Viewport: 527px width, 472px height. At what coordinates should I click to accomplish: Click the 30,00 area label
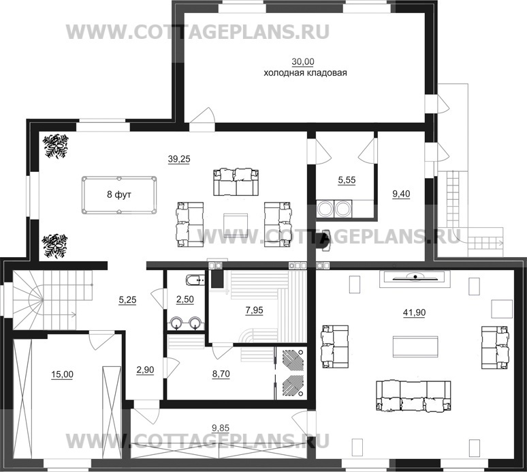(x=304, y=61)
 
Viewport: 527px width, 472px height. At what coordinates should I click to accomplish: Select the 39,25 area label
(x=179, y=158)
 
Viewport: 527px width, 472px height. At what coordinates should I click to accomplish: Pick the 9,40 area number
(x=402, y=195)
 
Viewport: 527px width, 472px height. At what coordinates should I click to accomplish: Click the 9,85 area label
(x=219, y=428)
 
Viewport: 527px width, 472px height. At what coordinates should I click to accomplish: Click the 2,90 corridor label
(x=144, y=369)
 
